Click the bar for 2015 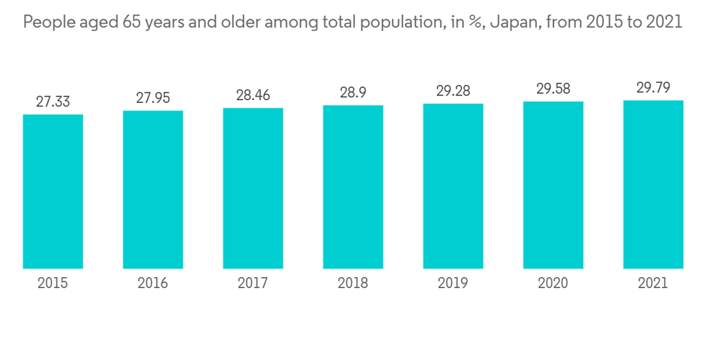pyautogui.click(x=53, y=191)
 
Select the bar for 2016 pyautogui.click(x=153, y=190)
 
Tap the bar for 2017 pyautogui.click(x=253, y=189)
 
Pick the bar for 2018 pyautogui.click(x=353, y=187)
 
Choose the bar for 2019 pyautogui.click(x=453, y=186)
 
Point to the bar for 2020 pyautogui.click(x=553, y=185)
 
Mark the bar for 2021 pyautogui.click(x=653, y=184)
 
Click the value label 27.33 pyautogui.click(x=53, y=101)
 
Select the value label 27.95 pyautogui.click(x=153, y=98)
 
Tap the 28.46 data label pyautogui.click(x=253, y=95)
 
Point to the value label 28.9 pyautogui.click(x=353, y=93)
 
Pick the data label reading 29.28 pyautogui.click(x=453, y=91)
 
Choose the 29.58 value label pyautogui.click(x=553, y=89)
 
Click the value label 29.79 pyautogui.click(x=653, y=88)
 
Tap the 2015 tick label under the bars pyautogui.click(x=53, y=283)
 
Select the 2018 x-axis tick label pyautogui.click(x=353, y=283)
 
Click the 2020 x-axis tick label pyautogui.click(x=553, y=283)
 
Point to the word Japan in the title pyautogui.click(x=513, y=23)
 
